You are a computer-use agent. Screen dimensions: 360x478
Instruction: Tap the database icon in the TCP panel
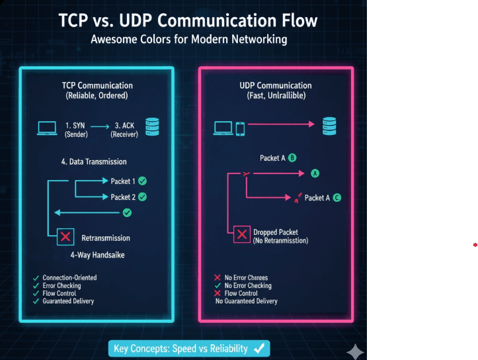[x=153, y=126]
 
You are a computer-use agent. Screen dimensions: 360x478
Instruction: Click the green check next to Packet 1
[x=142, y=181]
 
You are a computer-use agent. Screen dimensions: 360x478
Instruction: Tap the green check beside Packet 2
[x=142, y=197]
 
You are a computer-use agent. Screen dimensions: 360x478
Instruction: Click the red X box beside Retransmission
[x=65, y=237]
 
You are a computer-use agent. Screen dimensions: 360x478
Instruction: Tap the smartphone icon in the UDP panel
[x=241, y=127]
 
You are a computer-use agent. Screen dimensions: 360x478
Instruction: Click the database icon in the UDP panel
[x=327, y=126]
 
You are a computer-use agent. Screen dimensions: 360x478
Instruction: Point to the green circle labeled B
[x=292, y=158]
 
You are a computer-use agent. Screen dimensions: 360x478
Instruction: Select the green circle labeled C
[x=337, y=197]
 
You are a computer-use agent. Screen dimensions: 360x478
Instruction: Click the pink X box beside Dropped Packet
[x=242, y=234]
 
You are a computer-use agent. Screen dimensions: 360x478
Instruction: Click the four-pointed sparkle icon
[x=355, y=350]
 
